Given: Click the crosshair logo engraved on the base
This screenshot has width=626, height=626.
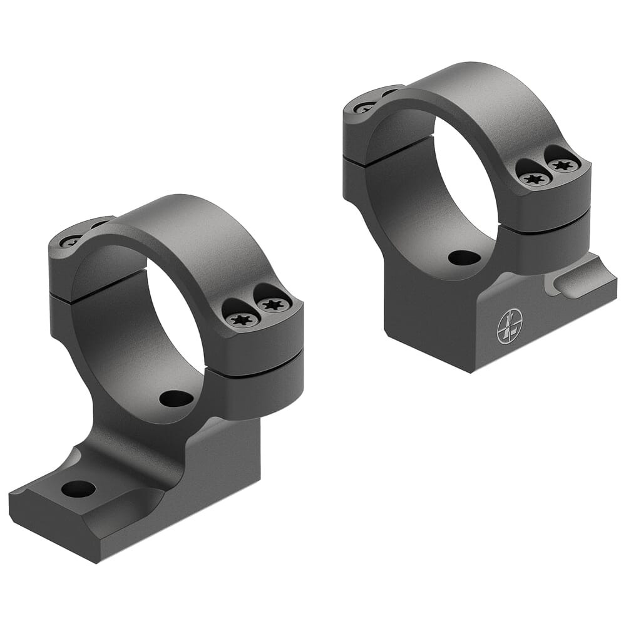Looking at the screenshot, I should pos(509,327).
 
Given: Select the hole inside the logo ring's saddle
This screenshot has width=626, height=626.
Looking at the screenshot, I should pos(464,257).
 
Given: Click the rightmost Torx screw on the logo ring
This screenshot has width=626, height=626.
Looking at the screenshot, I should pos(562,166).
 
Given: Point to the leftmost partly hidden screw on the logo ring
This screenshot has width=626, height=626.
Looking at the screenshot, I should pos(365,107).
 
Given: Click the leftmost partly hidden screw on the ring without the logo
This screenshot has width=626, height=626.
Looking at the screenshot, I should pos(70,240).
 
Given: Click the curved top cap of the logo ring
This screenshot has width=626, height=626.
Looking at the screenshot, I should pos(476,94).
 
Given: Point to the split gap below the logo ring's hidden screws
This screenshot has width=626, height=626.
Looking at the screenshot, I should pos(376,156).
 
